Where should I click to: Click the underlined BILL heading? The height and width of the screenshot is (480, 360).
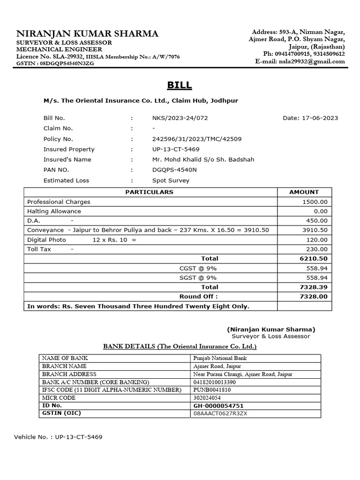179,85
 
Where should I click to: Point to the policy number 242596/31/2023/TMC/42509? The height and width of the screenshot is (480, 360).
197,139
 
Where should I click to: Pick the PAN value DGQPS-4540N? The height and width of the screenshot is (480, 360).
174,170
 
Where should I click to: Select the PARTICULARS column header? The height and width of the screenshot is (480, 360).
149,192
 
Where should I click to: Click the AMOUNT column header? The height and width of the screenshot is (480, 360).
304,192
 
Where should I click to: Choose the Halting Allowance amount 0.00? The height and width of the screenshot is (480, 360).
321,211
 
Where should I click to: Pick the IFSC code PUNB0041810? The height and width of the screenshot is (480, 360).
212,390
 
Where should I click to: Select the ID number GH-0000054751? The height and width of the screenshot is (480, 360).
218,405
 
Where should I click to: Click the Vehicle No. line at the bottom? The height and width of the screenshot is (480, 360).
58,437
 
